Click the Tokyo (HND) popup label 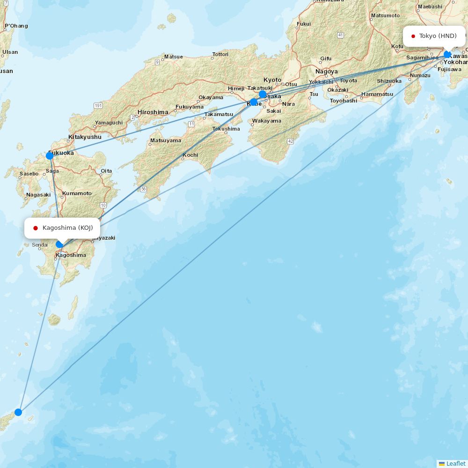point(434,36)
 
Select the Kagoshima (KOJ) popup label point(62,228)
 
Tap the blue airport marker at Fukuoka point(50,156)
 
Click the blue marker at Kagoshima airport point(59,244)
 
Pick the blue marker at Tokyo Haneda point(447,54)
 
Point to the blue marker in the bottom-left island point(18,412)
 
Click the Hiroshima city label point(153,112)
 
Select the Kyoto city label point(272,80)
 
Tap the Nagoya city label point(327,72)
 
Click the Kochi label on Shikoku point(190,155)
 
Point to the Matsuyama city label point(166,140)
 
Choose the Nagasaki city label point(38,195)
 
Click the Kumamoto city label point(77,193)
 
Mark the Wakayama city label point(267,121)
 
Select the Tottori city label point(220,54)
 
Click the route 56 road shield point(143,189)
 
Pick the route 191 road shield point(98,106)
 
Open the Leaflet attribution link point(455,463)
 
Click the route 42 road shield point(291,141)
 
